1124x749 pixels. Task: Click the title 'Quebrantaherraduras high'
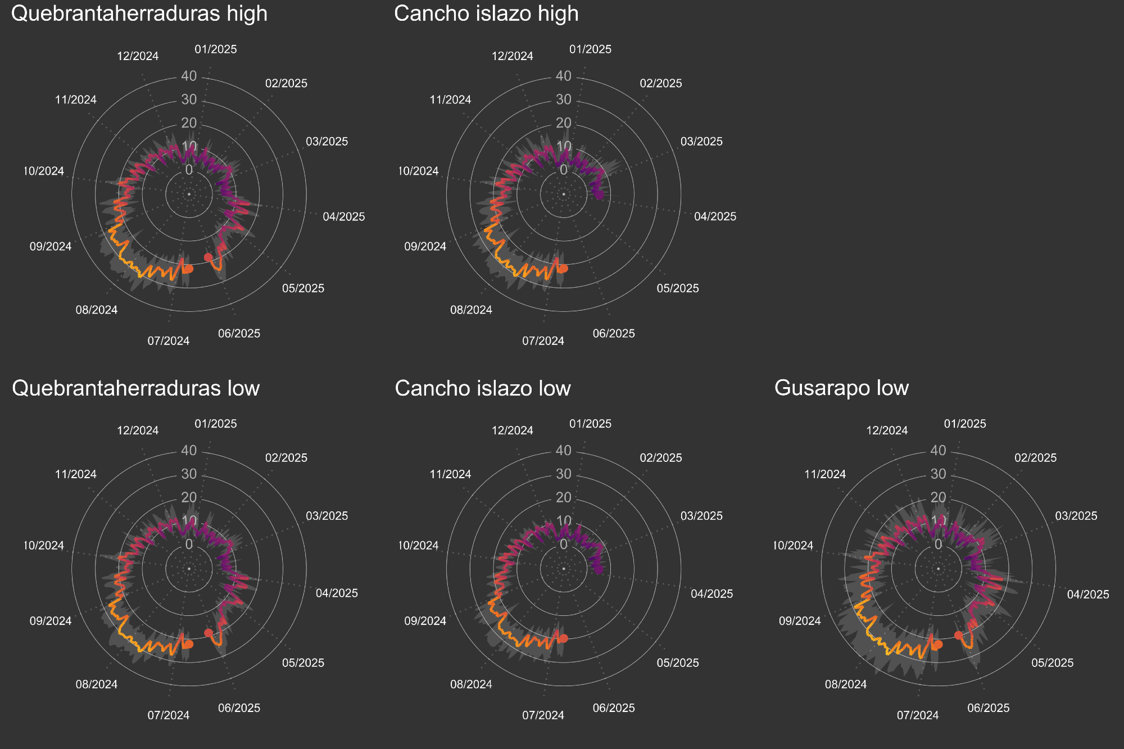[139, 13]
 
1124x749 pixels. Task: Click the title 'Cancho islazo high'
[486, 13]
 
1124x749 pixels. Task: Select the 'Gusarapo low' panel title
[841, 388]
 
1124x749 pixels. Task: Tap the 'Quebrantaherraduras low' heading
[135, 388]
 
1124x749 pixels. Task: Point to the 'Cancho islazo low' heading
[483, 388]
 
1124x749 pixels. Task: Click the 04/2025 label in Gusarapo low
[1088, 594]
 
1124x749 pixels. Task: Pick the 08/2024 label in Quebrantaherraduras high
[97, 310]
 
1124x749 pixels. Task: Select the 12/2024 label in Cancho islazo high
[513, 56]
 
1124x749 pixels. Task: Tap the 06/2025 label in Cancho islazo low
[614, 708]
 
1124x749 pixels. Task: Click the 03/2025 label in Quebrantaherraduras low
[327, 516]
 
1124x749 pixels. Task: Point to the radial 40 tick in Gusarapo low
[939, 450]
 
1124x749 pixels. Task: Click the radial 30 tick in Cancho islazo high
[564, 99]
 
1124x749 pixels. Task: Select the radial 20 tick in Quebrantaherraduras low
[189, 497]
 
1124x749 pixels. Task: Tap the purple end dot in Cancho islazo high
[600, 195]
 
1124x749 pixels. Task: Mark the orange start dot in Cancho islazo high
[563, 269]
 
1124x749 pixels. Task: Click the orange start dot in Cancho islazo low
[563, 638]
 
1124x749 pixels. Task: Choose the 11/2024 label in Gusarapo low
[825, 474]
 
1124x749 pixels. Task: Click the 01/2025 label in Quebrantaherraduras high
[216, 49]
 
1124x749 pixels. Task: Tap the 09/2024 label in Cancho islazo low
[425, 621]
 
